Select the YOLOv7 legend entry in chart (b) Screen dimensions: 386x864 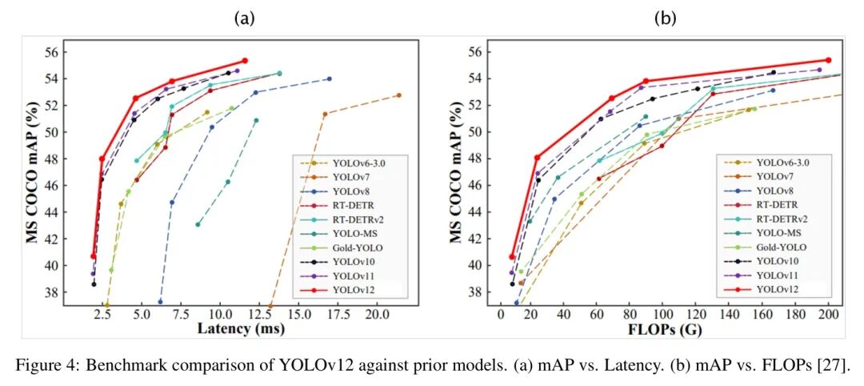click(x=774, y=176)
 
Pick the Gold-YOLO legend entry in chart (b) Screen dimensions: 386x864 click(x=779, y=247)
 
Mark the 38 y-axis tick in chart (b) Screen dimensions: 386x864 click(x=473, y=292)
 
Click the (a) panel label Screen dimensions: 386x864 click(x=244, y=18)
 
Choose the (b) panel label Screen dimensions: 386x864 click(x=665, y=18)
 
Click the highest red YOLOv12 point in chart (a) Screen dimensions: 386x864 click(x=245, y=60)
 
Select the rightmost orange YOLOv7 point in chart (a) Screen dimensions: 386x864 click(x=398, y=95)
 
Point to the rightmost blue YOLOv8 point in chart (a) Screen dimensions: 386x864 click(x=329, y=78)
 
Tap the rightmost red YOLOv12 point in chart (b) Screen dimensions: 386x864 click(x=828, y=60)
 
